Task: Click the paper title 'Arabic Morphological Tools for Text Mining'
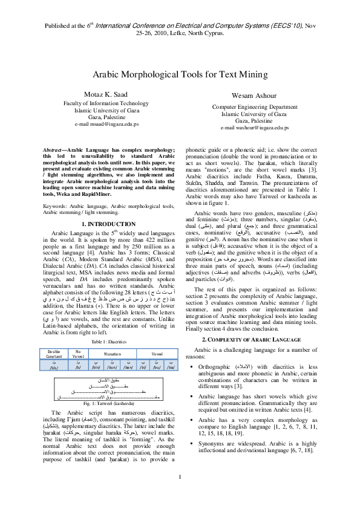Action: [x=180, y=74]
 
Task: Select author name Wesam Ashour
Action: [x=254, y=96]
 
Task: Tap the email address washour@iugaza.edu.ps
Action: [x=254, y=128]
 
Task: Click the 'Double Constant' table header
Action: [x=54, y=353]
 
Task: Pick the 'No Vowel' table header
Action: [x=77, y=353]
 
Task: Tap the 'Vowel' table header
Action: [x=157, y=351]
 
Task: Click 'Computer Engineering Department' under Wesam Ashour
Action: [x=254, y=106]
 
